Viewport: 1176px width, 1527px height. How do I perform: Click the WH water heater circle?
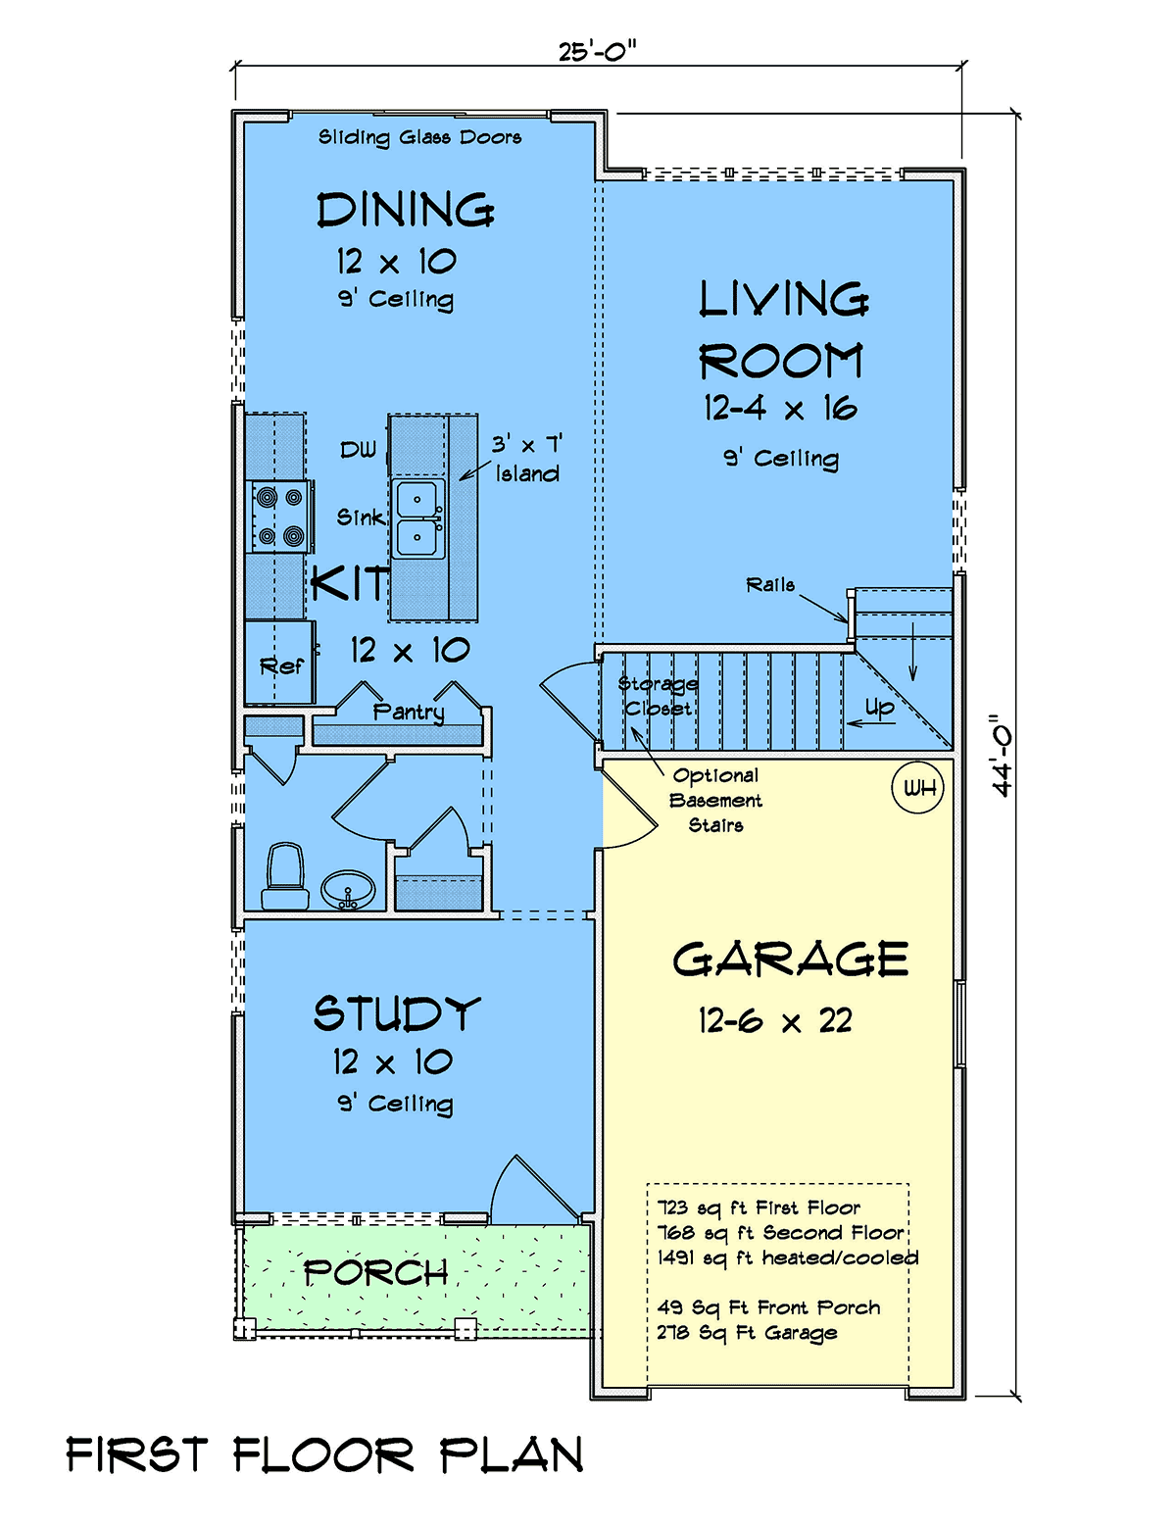[917, 788]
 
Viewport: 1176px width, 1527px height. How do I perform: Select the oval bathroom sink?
[348, 890]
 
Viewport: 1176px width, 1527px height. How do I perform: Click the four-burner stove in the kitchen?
[279, 517]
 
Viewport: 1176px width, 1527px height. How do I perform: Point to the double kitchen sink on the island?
[417, 518]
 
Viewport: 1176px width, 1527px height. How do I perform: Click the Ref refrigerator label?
[281, 665]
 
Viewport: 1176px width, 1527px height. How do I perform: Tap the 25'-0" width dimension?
[597, 51]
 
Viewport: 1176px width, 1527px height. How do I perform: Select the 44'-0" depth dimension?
[1002, 756]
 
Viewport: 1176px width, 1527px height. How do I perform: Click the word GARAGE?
[790, 960]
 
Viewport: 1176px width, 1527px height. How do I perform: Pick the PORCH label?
[376, 1272]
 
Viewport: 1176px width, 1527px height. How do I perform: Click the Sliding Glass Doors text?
[420, 137]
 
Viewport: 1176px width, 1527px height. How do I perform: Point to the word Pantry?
[409, 712]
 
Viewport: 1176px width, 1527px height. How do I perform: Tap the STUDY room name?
[397, 1013]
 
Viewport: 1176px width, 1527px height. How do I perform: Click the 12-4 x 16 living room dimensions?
[780, 409]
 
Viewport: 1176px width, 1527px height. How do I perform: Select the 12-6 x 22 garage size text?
[775, 1021]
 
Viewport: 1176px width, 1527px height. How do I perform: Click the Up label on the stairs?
[879, 708]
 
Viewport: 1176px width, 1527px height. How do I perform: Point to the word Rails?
[770, 585]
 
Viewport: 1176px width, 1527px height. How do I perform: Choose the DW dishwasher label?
[359, 450]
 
